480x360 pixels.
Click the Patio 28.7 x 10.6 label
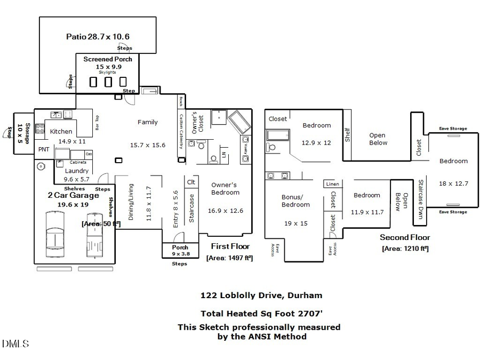click(x=98, y=37)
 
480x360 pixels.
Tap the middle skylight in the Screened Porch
click(x=108, y=82)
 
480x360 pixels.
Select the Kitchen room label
click(x=61, y=131)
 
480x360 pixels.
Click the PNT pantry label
click(x=43, y=149)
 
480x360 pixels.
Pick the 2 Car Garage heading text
click(x=74, y=196)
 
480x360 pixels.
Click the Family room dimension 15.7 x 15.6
click(x=148, y=145)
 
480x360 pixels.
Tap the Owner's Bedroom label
click(x=225, y=188)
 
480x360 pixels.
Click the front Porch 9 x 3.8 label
click(x=180, y=251)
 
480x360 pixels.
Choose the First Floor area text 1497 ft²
click(x=229, y=258)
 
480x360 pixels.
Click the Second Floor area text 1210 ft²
click(x=405, y=248)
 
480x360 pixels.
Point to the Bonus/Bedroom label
click(x=295, y=201)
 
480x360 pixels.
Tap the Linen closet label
click(x=332, y=184)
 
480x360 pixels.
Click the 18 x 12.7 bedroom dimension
click(x=453, y=183)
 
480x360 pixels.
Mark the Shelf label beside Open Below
click(x=347, y=134)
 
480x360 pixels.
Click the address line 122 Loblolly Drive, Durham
click(x=261, y=295)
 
